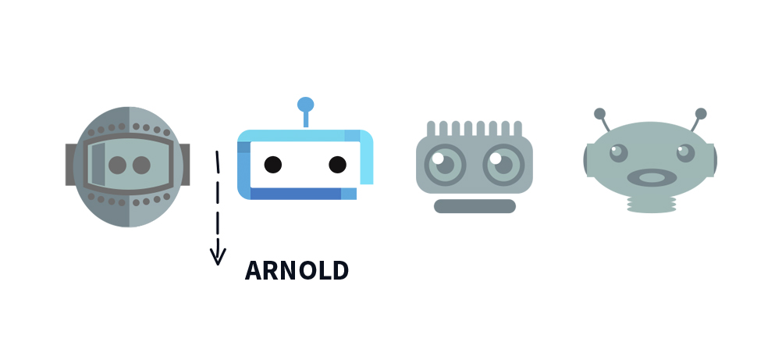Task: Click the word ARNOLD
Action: [297, 271]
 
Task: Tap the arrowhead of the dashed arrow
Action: [218, 256]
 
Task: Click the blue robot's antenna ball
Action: [306, 105]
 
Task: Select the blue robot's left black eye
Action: [273, 165]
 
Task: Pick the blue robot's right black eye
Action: [338, 165]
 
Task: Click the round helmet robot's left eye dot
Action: [118, 166]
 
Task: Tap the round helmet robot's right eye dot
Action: [141, 166]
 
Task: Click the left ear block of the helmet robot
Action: [70, 165]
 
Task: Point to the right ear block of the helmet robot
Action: [184, 165]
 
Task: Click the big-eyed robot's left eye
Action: [445, 165]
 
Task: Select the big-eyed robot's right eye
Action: [503, 165]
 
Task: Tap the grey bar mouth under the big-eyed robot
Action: [475, 206]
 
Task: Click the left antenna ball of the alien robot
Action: [599, 114]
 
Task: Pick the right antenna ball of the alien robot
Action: [701, 114]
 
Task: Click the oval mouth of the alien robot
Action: [652, 178]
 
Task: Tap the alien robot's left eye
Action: [618, 153]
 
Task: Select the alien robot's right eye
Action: [685, 153]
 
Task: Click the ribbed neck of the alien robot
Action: [652, 205]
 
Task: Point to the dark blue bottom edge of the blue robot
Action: [296, 194]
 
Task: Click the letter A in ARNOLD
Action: [252, 271]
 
